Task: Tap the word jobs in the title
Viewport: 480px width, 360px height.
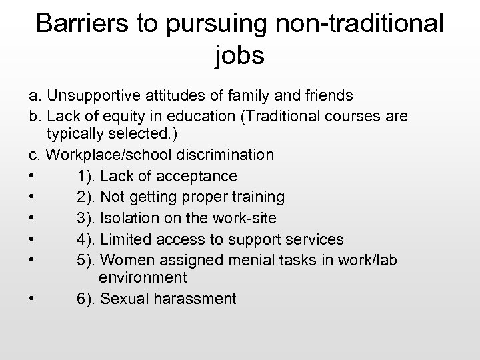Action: click(x=240, y=55)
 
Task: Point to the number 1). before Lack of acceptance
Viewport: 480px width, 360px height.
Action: click(x=87, y=176)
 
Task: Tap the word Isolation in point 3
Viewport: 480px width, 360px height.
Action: click(x=131, y=218)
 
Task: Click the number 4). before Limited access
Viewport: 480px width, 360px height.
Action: click(x=87, y=239)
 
